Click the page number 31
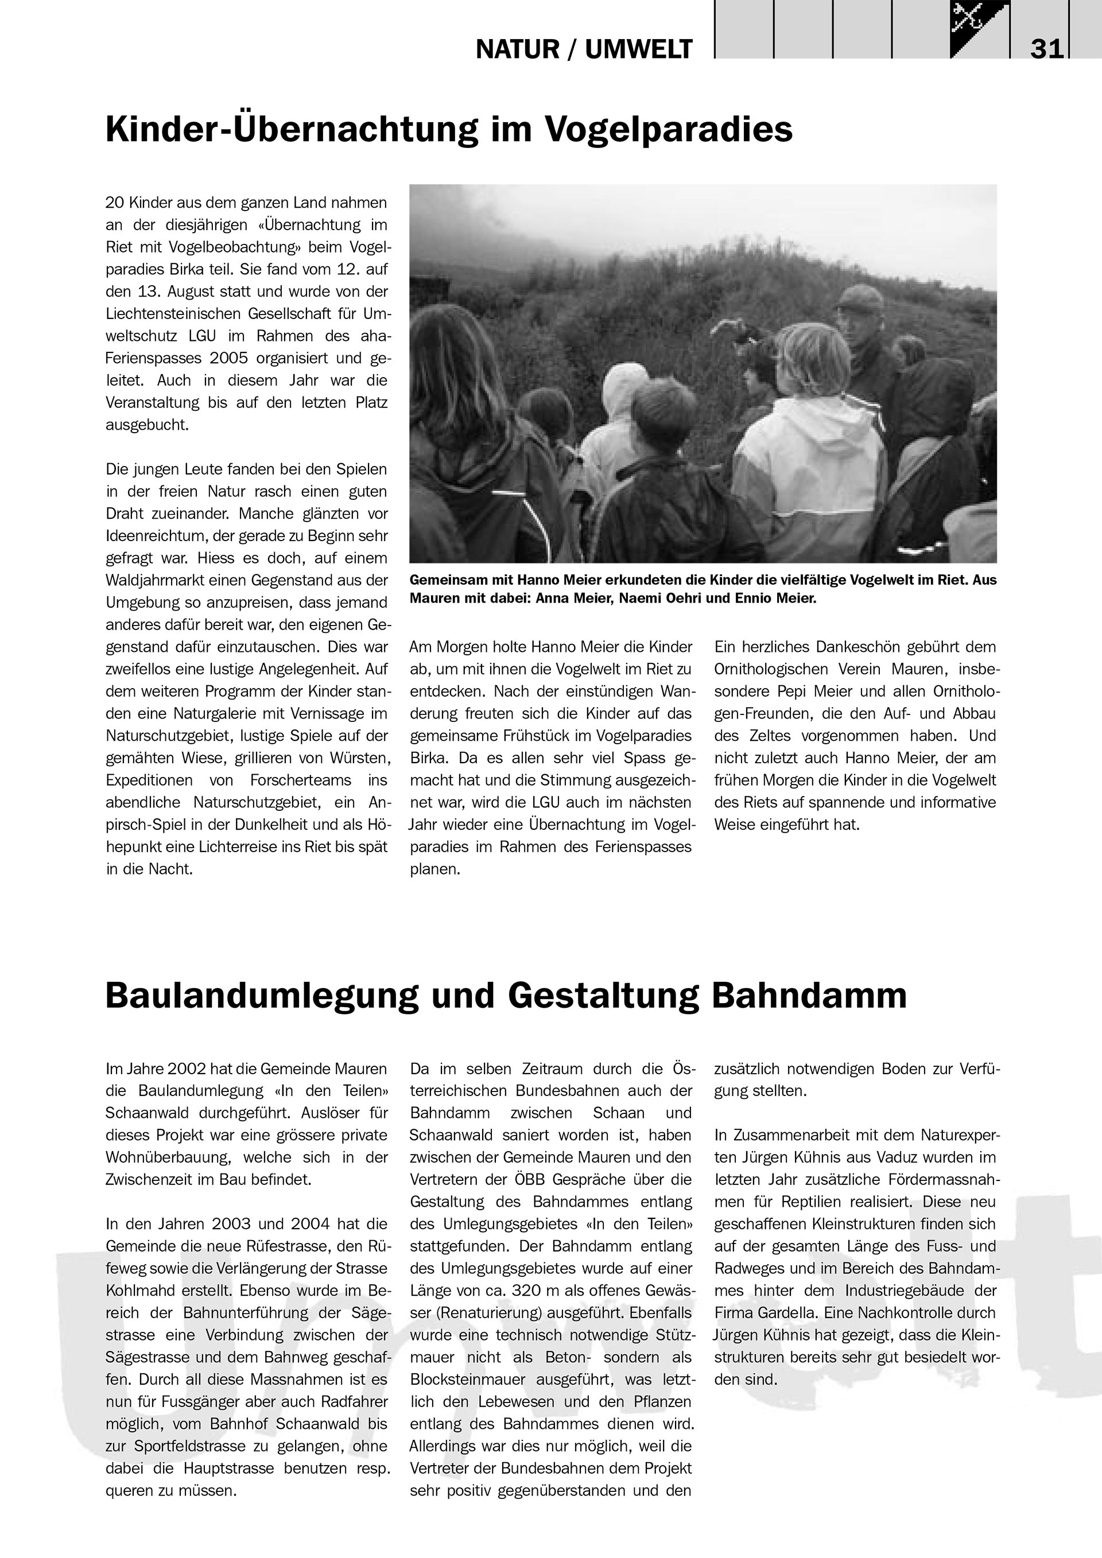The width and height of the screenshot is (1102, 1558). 1046,49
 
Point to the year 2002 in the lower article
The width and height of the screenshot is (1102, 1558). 187,1069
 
